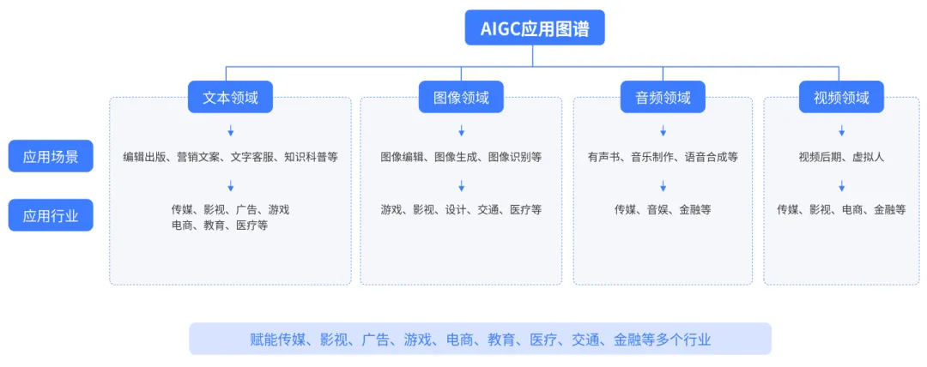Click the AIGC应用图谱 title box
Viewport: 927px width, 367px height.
pos(534,27)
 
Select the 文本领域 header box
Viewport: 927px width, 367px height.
pos(230,97)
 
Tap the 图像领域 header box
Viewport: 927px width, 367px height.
pos(461,97)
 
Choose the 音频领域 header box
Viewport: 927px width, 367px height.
pos(663,97)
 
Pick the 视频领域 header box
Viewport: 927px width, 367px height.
pos(841,97)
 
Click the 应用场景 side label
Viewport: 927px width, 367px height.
pos(51,156)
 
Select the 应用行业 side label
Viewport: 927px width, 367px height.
pos(51,215)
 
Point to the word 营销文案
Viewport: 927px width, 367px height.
pos(198,157)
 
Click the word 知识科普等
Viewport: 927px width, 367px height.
pos(311,157)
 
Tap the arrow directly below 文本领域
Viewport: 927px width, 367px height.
pos(230,131)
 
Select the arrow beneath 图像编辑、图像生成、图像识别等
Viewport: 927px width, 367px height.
pos(461,185)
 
